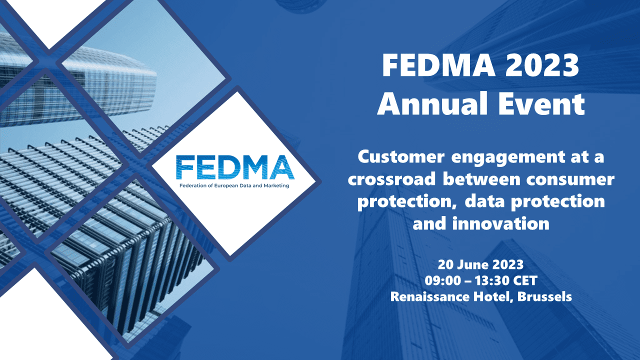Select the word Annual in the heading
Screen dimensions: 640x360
432,103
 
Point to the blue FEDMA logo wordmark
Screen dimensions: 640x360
235,167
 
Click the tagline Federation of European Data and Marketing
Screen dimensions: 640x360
234,185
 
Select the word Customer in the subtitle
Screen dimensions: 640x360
401,157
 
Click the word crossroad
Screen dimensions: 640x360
391,179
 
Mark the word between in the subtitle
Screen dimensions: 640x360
481,179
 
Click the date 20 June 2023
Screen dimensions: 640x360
481,265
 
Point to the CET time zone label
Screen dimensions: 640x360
525,280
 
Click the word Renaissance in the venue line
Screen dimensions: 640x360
430,296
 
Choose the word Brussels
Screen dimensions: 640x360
544,296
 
